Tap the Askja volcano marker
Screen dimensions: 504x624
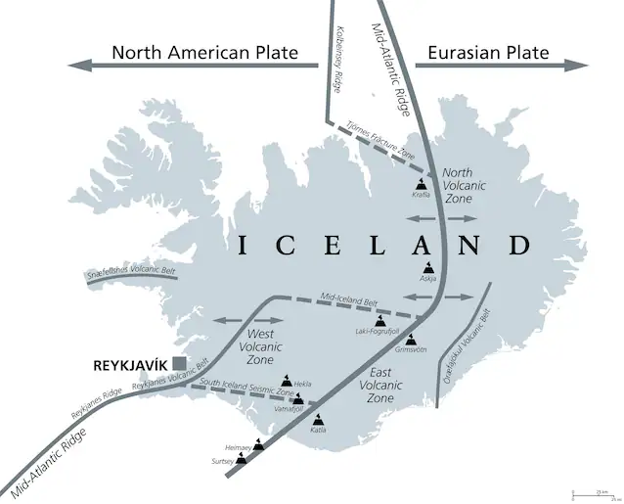click(428, 267)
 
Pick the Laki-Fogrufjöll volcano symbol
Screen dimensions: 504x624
click(380, 321)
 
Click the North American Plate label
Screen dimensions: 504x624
click(204, 53)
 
